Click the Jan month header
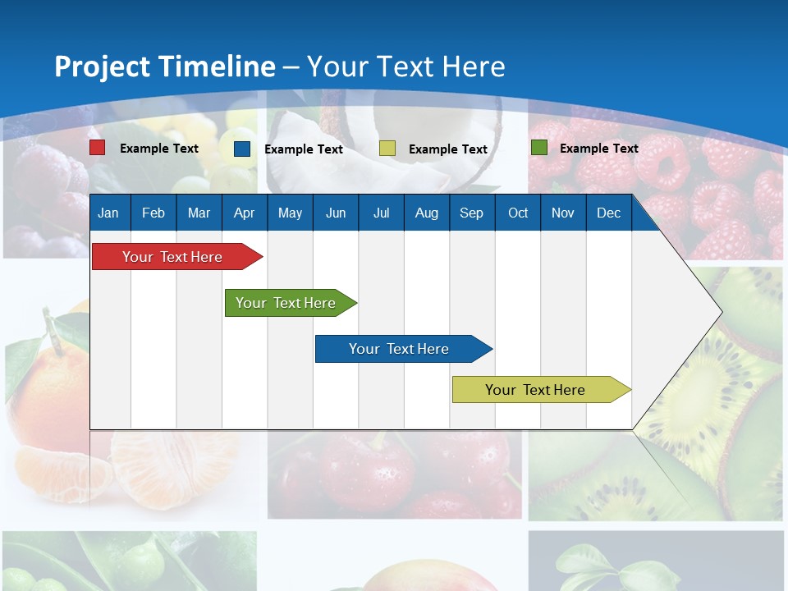[108, 213]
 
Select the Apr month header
[244, 213]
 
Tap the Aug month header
[426, 213]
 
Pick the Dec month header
[608, 213]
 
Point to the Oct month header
[518, 213]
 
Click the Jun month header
[336, 213]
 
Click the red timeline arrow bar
[172, 257]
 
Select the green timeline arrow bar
[286, 303]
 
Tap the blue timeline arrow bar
[399, 349]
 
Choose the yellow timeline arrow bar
[535, 390]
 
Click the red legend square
[98, 148]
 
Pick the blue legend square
[242, 149]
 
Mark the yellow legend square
[387, 149]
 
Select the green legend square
[539, 148]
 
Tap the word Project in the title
[102, 66]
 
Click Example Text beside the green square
[598, 148]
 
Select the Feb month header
[153, 213]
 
